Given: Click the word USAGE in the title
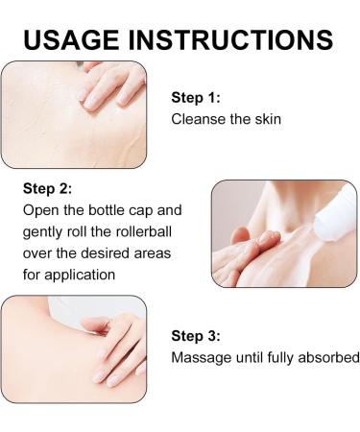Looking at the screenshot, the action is tap(71, 39).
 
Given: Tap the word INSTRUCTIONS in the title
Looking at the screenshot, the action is tap(230, 39).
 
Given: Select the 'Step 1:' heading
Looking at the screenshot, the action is tap(196, 98).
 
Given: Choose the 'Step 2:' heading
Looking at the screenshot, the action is tap(47, 188).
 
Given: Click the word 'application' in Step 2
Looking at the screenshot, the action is tap(80, 276).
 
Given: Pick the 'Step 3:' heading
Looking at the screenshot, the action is tap(196, 336).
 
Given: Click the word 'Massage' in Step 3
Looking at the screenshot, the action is tap(202, 358).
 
